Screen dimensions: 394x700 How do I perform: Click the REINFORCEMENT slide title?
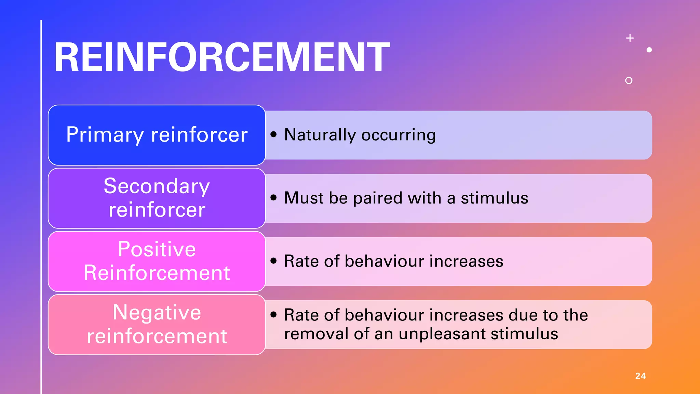(x=221, y=57)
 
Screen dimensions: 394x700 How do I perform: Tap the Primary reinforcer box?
(x=157, y=135)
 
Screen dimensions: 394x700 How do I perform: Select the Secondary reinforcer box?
(x=157, y=198)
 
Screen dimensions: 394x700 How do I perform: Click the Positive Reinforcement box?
(x=157, y=261)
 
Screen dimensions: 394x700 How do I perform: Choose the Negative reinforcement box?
(x=157, y=325)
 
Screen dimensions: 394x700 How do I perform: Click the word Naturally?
(x=320, y=135)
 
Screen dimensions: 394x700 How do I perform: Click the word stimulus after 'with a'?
(x=494, y=198)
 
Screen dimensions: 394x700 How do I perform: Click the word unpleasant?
(x=437, y=333)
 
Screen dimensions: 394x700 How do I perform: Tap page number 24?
(x=640, y=376)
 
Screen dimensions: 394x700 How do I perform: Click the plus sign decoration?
(x=630, y=38)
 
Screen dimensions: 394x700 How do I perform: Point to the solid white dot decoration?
(x=649, y=50)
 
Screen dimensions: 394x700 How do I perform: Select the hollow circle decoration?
(x=629, y=80)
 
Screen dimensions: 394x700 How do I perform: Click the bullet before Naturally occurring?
(x=273, y=134)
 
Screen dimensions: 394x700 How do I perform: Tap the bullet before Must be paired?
(x=273, y=197)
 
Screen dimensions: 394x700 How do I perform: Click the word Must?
(x=304, y=198)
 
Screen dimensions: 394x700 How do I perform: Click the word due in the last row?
(x=523, y=315)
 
